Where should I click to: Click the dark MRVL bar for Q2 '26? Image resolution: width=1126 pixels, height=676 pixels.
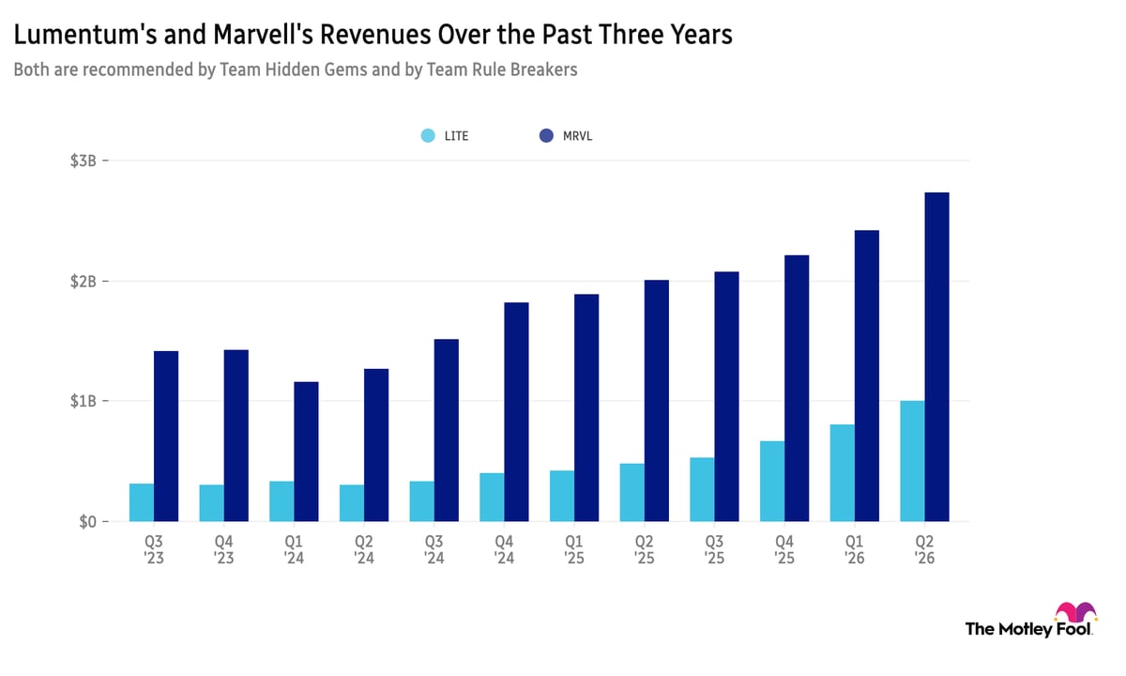(x=937, y=357)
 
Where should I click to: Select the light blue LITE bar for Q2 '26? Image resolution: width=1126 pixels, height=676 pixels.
(x=912, y=461)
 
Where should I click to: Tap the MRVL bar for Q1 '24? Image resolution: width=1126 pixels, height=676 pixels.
(x=306, y=452)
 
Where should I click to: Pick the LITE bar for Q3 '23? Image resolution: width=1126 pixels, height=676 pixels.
(x=142, y=502)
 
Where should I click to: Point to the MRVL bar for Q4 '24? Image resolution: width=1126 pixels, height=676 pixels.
(x=517, y=412)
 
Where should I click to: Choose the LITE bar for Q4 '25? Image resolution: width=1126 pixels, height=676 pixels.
(x=772, y=482)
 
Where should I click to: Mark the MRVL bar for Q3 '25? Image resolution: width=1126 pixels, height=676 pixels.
(x=727, y=397)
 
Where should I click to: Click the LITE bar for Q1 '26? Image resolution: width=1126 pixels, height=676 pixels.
(x=843, y=473)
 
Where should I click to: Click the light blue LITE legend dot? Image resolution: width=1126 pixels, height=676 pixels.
(x=428, y=136)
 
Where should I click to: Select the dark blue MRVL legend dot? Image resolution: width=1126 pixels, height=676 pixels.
(x=546, y=136)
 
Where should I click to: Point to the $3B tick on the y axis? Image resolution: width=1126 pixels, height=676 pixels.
(x=105, y=161)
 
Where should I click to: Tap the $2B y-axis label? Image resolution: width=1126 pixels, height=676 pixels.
(x=83, y=281)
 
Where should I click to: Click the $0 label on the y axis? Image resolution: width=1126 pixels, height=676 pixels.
(x=87, y=522)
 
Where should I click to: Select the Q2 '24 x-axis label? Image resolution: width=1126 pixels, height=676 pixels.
(x=364, y=550)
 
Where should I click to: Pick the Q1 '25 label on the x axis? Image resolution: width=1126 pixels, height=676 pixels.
(x=574, y=550)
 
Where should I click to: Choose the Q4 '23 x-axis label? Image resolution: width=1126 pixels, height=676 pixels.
(x=223, y=550)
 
